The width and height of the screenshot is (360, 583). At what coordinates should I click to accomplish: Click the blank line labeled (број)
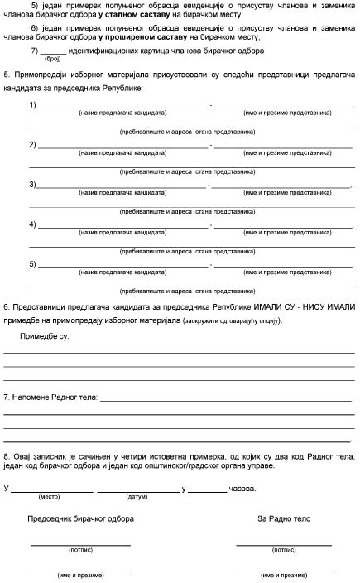point(53,52)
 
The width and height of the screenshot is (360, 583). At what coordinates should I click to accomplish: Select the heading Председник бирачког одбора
point(81,519)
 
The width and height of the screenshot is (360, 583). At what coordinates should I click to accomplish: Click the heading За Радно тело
point(284,519)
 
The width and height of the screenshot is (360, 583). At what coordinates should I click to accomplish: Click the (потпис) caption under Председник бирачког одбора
point(80,550)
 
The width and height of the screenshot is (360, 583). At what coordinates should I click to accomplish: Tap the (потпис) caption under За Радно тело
point(284,550)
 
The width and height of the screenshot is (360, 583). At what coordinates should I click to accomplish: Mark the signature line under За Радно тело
point(284,544)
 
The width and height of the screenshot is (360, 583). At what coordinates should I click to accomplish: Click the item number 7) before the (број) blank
point(33,51)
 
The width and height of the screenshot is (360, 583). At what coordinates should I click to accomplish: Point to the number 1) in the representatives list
point(33,105)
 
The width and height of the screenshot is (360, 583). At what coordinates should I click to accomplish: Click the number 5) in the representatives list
point(33,264)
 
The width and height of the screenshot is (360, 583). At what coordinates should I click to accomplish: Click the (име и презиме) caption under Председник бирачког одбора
point(80,575)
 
